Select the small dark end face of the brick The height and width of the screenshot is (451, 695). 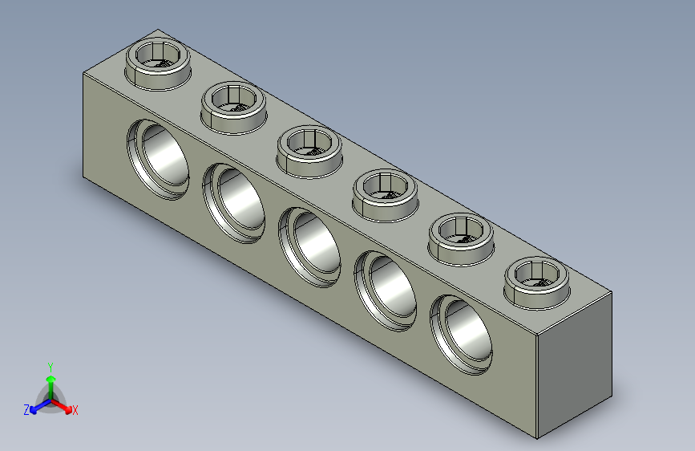(573, 365)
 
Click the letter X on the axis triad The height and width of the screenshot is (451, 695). (75, 411)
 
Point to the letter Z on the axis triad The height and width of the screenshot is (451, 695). (26, 409)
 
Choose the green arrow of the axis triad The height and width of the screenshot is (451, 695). (51, 383)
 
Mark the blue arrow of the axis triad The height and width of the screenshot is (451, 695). (37, 406)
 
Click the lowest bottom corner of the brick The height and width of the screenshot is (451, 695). (537, 440)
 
